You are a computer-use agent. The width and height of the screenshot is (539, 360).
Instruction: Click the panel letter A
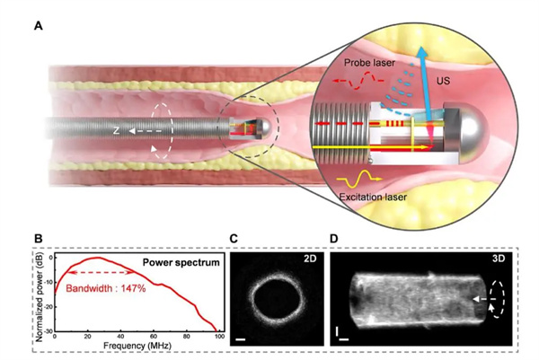tap(38, 26)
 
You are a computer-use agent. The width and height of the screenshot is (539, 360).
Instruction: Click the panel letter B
tap(38, 239)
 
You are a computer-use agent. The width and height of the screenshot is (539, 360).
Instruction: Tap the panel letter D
tap(334, 239)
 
